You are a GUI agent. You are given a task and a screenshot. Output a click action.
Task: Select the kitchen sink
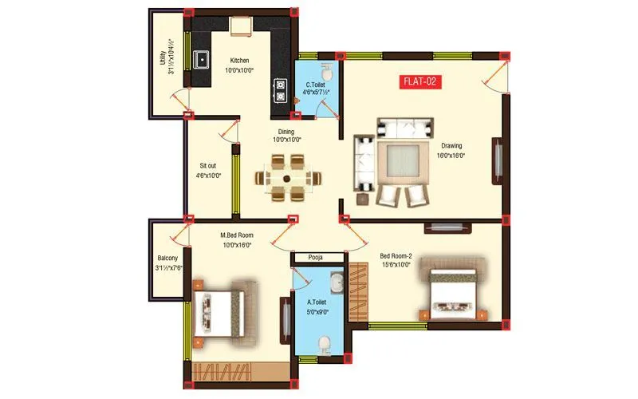202,58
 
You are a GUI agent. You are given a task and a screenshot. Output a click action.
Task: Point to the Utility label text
166,58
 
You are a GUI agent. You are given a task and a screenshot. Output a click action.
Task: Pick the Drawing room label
452,151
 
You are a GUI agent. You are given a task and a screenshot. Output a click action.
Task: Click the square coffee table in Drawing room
396,162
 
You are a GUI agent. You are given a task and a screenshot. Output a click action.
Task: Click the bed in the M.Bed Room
220,310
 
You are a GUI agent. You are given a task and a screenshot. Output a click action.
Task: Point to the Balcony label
167,263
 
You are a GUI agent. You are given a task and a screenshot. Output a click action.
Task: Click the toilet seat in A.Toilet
324,344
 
